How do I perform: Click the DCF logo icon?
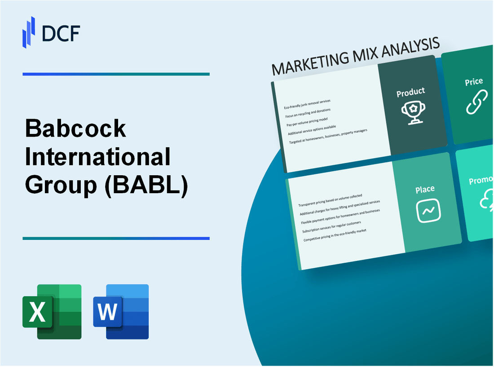coord(29,32)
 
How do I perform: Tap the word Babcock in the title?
coord(76,129)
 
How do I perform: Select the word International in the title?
coord(97,157)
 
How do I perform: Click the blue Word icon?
coord(121,311)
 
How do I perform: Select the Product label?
coord(410,92)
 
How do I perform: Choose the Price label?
coord(474,82)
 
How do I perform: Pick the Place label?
coord(424,190)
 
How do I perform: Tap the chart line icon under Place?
coord(428,210)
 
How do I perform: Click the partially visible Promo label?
coord(481,181)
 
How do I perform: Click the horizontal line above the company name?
coord(116,74)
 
